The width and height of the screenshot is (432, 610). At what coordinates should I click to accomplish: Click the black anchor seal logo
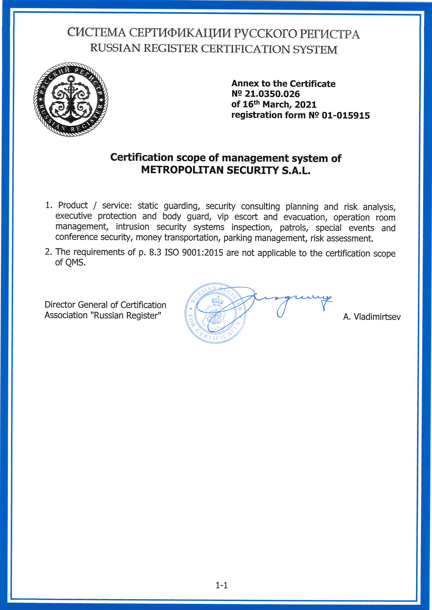71,100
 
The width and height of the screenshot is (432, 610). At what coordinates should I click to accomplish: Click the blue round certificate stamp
215,313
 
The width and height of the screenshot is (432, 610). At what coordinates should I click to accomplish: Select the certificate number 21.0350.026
272,94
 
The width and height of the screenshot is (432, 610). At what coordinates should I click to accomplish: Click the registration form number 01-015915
346,115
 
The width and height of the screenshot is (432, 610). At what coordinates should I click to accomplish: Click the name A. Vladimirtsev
372,317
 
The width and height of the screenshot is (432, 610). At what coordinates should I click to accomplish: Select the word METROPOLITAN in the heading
183,170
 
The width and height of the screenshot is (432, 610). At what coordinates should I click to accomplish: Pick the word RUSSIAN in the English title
115,49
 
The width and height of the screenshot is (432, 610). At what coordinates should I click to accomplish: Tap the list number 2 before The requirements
48,252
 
